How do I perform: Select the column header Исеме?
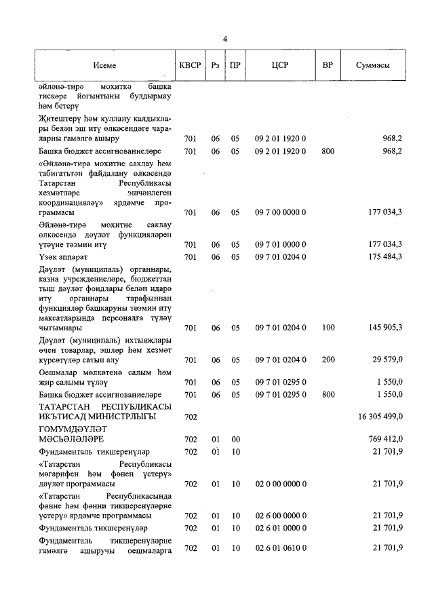[x=105, y=66]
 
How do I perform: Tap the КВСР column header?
[x=189, y=66]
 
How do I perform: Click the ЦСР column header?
[x=281, y=66]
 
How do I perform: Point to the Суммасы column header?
[x=372, y=66]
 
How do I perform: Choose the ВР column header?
[x=328, y=66]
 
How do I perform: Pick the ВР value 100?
[x=328, y=328]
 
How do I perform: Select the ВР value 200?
[x=328, y=360]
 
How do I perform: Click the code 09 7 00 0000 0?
[x=281, y=212]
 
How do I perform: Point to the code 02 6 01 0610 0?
[x=281, y=548]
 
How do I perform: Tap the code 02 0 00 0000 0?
[x=281, y=484]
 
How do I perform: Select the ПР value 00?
[x=235, y=440]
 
